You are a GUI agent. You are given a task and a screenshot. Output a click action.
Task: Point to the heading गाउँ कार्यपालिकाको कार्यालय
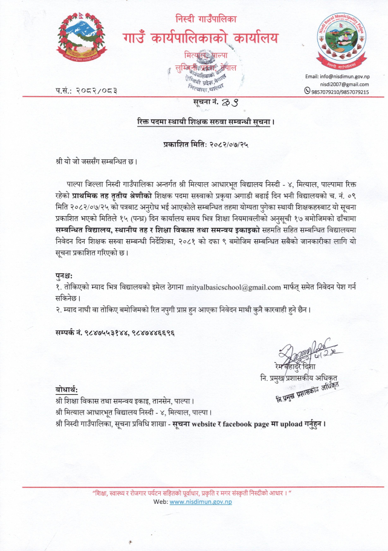coord(201,38)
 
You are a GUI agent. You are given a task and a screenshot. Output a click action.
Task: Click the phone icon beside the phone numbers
coord(307,92)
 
